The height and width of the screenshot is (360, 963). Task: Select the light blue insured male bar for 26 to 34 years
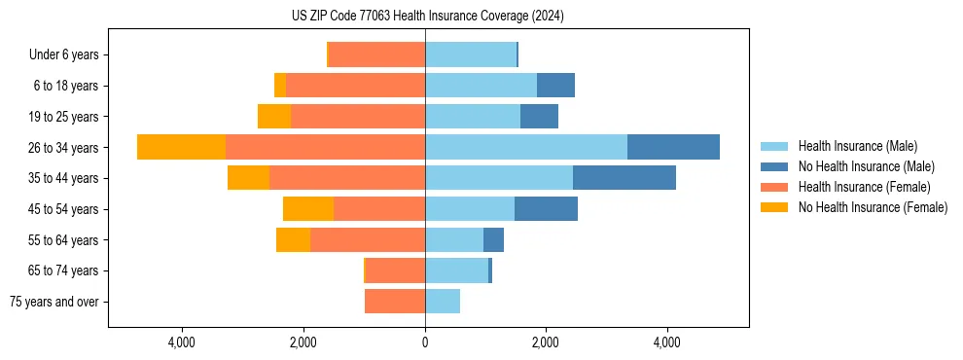(x=525, y=147)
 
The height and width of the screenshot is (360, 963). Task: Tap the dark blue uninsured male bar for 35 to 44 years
(x=624, y=178)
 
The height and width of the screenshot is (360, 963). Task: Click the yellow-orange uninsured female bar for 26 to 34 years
(x=181, y=147)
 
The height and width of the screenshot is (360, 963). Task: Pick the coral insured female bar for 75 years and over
(x=394, y=302)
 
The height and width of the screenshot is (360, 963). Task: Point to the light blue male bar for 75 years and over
(x=443, y=302)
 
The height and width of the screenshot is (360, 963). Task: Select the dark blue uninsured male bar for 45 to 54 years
(x=546, y=208)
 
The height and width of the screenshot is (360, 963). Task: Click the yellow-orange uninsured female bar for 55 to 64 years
(x=293, y=239)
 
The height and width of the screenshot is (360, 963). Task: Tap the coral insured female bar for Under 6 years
(x=377, y=54)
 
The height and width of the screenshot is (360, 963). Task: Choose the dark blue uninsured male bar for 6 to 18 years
(x=555, y=86)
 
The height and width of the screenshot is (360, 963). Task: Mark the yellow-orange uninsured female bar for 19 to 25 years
(x=274, y=116)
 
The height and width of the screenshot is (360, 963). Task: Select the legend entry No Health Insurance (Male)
(x=866, y=166)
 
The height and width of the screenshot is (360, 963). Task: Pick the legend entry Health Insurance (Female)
(x=864, y=187)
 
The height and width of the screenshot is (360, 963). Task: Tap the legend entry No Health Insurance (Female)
(x=873, y=207)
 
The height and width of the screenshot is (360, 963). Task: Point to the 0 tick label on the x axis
(x=425, y=342)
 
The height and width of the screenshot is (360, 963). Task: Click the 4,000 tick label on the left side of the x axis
(x=182, y=342)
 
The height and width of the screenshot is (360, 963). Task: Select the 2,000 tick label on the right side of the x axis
(x=546, y=342)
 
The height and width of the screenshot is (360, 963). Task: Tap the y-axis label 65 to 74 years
(x=63, y=270)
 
